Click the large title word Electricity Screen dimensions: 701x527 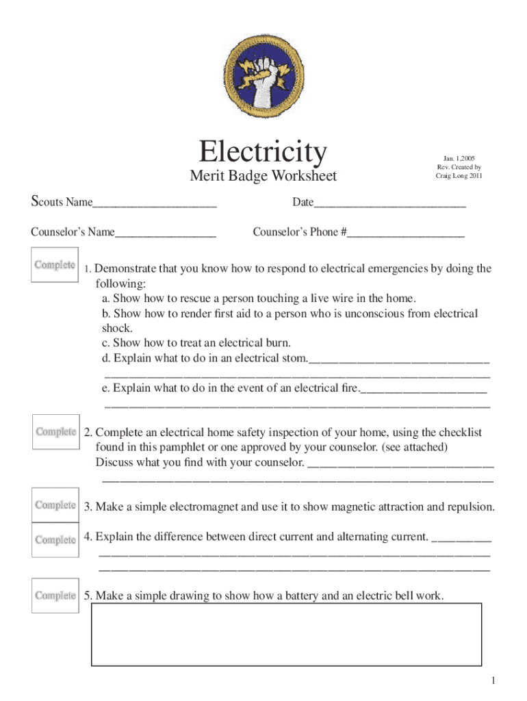click(263, 151)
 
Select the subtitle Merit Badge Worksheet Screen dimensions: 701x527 click(263, 176)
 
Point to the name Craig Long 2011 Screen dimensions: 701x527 click(459, 176)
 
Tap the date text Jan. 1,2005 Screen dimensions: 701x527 click(459, 158)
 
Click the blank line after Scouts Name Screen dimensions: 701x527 click(155, 203)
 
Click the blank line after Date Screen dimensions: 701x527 click(390, 203)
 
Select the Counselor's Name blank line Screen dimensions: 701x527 click(166, 233)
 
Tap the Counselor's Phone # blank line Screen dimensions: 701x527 click(406, 233)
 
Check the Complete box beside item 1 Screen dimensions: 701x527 click(55, 265)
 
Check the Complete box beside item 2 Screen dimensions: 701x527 click(55, 432)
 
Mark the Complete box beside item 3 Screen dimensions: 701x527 click(55, 505)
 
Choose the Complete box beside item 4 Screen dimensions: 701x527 click(55, 539)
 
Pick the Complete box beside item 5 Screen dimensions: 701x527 click(55, 596)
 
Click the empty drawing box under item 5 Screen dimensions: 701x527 click(287, 635)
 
